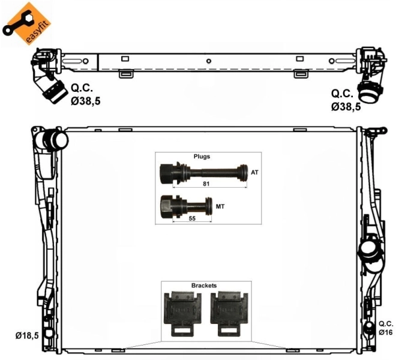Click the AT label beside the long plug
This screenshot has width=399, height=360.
[x=255, y=173]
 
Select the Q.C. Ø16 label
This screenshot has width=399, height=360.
[x=385, y=327]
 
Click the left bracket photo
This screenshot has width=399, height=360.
[x=180, y=313]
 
